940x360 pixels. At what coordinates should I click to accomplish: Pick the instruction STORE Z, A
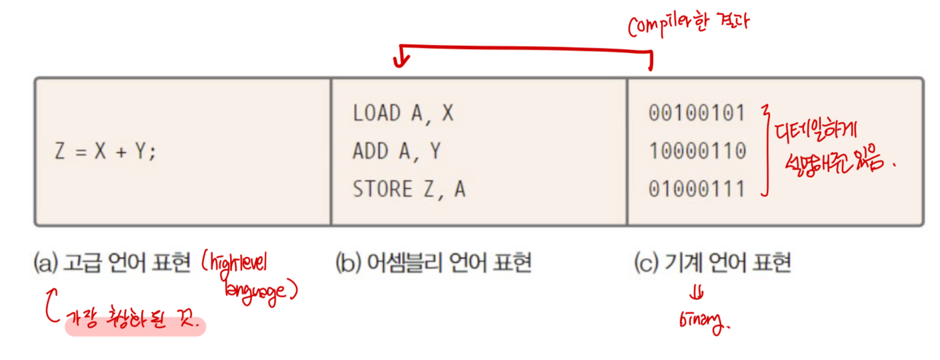point(409,189)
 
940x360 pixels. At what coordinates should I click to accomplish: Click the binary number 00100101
point(697,113)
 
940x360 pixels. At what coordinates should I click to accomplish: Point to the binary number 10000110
point(697,151)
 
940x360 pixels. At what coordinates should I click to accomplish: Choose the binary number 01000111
point(697,189)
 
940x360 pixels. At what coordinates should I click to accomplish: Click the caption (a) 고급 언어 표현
point(113,263)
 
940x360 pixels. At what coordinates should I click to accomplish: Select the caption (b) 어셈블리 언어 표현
point(433,263)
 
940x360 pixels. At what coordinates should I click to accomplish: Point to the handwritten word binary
point(704,324)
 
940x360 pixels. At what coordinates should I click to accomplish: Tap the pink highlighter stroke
point(135,327)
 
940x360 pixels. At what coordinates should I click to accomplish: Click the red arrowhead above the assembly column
point(400,61)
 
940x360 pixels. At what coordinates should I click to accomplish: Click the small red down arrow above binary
point(698,295)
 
